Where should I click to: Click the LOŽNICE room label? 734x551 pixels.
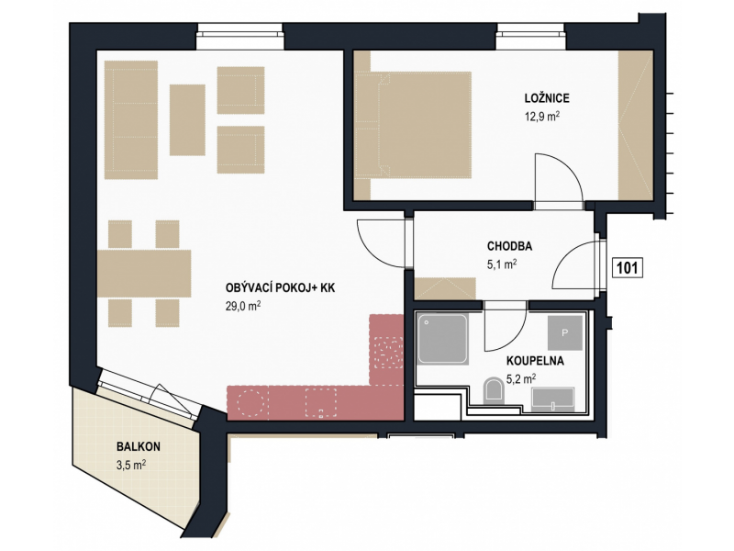[x=547, y=98]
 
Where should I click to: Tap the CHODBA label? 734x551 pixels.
[x=510, y=246]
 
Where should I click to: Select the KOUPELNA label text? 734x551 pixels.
[x=535, y=361]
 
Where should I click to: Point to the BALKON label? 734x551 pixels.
[x=139, y=446]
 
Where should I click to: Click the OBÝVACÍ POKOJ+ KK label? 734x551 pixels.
[x=281, y=287]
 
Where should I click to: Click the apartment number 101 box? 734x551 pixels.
[x=628, y=268]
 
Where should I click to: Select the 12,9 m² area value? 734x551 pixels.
[x=542, y=117]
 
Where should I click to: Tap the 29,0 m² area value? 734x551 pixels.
[x=243, y=307]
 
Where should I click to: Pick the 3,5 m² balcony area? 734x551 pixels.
[x=131, y=465]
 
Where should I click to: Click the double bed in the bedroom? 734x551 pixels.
[x=413, y=125]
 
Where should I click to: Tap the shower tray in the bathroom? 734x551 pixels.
[x=443, y=340]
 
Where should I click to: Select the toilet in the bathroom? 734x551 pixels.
[x=493, y=389]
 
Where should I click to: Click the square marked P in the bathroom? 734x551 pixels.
[x=565, y=332]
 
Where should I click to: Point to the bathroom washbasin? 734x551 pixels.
[x=553, y=399]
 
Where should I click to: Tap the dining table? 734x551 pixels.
[x=144, y=274]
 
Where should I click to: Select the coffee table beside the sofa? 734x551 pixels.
[x=187, y=120]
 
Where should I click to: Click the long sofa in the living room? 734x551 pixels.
[x=131, y=120]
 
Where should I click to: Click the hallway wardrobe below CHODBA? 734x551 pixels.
[x=445, y=288]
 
